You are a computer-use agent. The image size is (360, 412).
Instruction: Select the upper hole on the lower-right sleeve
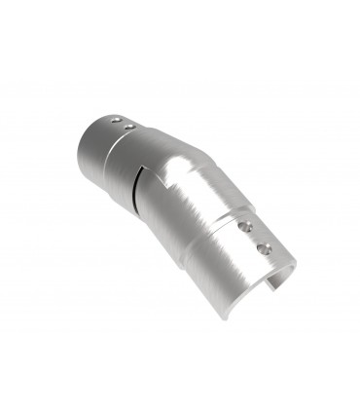pos(245,226)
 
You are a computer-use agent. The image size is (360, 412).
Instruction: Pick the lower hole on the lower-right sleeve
pos(260,249)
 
